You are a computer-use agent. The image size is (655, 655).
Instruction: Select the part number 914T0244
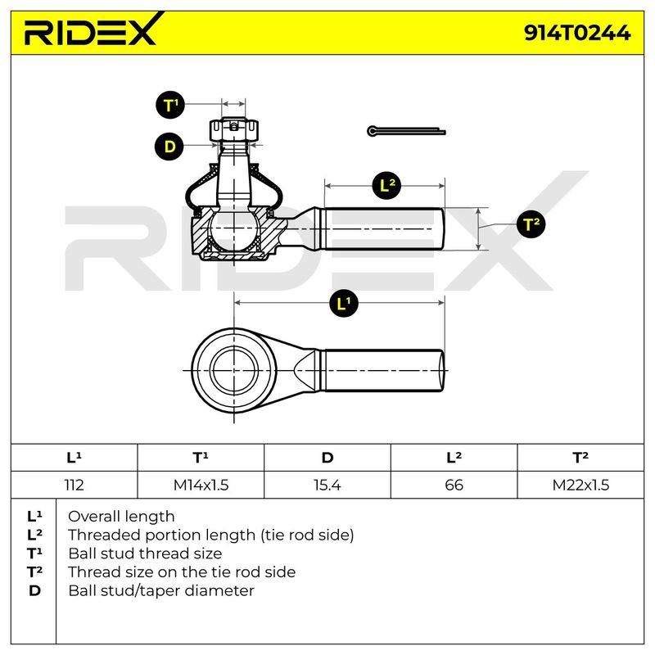(577, 33)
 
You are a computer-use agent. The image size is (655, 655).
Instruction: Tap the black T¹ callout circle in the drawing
(170, 105)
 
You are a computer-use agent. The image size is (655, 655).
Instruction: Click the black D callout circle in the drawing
(169, 147)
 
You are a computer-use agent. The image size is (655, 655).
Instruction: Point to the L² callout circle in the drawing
(386, 185)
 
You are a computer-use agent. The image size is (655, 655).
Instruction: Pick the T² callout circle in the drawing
(531, 224)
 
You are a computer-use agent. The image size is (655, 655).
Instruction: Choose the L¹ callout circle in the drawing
(343, 303)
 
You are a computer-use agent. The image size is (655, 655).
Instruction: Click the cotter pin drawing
(406, 131)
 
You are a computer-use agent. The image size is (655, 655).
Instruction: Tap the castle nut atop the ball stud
(234, 130)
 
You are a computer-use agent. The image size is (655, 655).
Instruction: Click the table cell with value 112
(74, 485)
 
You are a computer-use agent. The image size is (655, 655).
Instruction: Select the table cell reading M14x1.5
(201, 485)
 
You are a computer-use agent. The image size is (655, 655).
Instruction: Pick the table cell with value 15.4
(327, 485)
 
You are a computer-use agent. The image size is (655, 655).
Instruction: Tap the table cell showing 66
(454, 485)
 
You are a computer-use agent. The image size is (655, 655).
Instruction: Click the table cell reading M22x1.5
(580, 485)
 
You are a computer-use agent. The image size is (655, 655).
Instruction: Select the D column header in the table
(327, 458)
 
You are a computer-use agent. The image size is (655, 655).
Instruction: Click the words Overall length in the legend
(121, 517)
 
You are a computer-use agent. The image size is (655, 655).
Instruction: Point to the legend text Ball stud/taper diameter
(161, 590)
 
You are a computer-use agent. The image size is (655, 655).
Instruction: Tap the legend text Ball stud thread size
(145, 553)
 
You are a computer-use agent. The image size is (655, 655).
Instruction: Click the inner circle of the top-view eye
(234, 370)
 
